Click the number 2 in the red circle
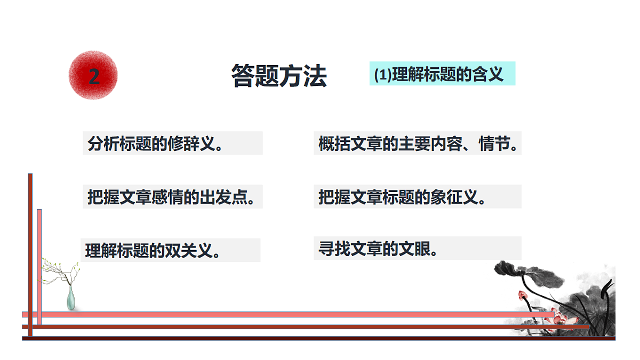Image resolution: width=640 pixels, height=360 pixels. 94,77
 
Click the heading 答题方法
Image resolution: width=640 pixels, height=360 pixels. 279,76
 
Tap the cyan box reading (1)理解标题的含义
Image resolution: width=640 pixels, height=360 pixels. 442,74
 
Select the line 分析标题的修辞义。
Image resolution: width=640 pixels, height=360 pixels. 155,143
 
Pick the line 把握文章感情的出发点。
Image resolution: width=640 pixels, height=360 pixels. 171,197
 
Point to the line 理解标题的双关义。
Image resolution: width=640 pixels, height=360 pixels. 153,251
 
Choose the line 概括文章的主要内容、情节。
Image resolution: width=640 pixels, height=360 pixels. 418,143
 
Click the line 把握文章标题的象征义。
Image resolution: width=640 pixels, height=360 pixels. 402,197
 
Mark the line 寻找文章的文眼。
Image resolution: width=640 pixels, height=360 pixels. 378,249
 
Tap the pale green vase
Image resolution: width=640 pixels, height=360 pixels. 71,298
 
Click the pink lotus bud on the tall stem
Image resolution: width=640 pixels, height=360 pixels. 523,295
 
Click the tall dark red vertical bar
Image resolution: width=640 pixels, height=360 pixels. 30,255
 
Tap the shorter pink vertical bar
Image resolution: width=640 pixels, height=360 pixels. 39,267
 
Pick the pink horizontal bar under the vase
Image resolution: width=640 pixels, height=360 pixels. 288,315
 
